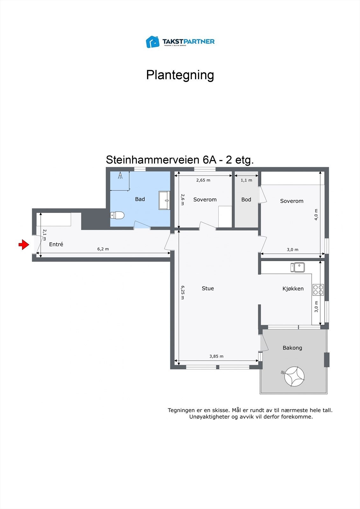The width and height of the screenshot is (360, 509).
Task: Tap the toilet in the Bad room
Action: tap(117, 215)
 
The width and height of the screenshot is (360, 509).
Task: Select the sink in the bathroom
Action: tap(164, 200)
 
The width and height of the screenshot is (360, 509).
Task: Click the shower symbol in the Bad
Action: tap(120, 176)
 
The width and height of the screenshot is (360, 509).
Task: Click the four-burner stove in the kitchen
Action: tap(318, 289)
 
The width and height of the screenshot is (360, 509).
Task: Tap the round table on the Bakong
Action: tap(294, 376)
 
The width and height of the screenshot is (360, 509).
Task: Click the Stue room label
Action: tap(208, 288)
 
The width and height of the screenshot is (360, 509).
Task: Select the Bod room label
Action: tap(246, 199)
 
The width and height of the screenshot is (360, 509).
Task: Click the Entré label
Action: tap(56, 244)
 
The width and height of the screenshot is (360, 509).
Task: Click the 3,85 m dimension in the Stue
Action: tap(216, 356)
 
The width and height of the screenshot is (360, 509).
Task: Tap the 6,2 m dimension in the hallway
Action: tap(103, 249)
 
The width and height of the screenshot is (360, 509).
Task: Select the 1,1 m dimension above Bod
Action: tap(246, 180)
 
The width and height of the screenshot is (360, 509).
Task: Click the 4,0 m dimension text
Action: tap(316, 214)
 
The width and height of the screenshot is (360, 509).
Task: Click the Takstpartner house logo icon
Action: tap(152, 42)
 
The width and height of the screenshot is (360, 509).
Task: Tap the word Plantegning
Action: tap(180, 75)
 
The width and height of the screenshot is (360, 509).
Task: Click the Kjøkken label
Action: tap(293, 289)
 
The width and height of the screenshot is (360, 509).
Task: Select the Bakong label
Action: tap(292, 348)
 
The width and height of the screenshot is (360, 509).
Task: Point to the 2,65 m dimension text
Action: tap(203, 180)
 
